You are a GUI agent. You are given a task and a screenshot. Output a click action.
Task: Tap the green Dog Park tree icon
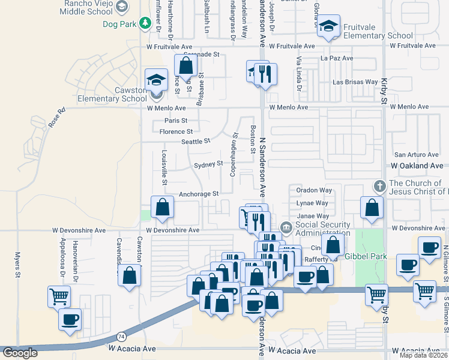click(145, 23)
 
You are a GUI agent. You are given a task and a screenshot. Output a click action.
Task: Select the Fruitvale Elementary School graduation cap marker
click(328, 27)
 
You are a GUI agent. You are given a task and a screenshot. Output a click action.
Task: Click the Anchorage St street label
click(199, 194)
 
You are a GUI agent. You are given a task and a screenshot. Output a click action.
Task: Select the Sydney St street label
click(208, 164)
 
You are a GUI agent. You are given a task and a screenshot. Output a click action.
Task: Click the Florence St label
click(176, 131)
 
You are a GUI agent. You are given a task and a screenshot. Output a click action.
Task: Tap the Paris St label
click(176, 121)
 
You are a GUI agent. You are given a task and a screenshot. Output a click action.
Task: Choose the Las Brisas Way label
click(355, 82)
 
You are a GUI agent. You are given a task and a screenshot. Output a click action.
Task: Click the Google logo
click(20, 353)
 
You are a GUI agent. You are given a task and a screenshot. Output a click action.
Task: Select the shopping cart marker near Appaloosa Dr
click(59, 296)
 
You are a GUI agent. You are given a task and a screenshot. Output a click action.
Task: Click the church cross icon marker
click(379, 185)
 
